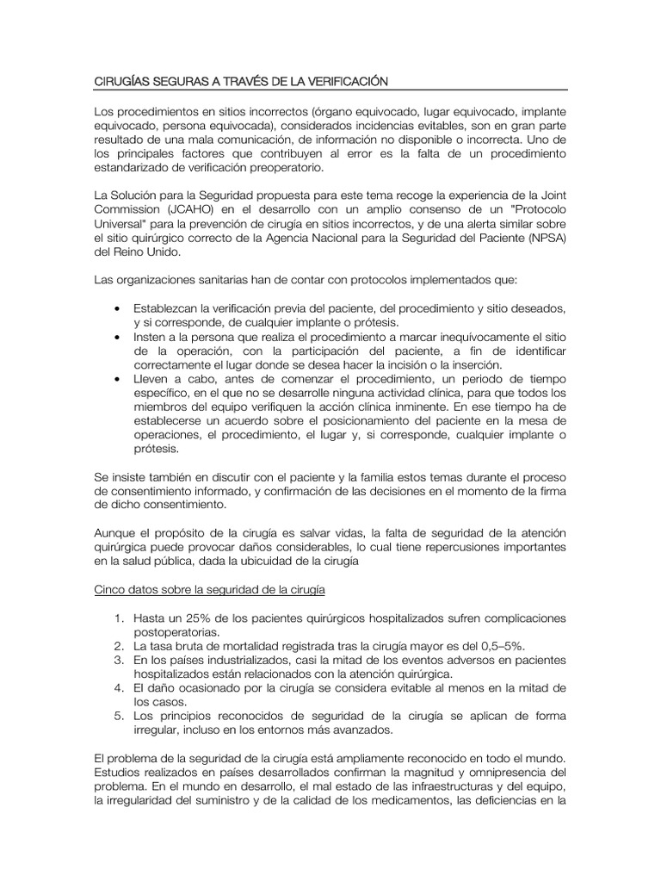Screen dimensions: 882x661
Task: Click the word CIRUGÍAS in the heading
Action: (x=120, y=82)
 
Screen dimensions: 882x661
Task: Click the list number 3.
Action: (x=118, y=660)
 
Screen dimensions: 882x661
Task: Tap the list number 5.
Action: (x=118, y=715)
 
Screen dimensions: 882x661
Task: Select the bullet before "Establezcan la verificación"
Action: (x=118, y=308)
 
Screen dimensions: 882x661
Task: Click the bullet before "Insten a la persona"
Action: (x=118, y=336)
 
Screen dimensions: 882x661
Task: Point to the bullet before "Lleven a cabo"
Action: (x=118, y=379)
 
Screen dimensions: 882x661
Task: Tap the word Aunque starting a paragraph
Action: (x=115, y=534)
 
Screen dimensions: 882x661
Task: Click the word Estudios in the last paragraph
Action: (x=118, y=772)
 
